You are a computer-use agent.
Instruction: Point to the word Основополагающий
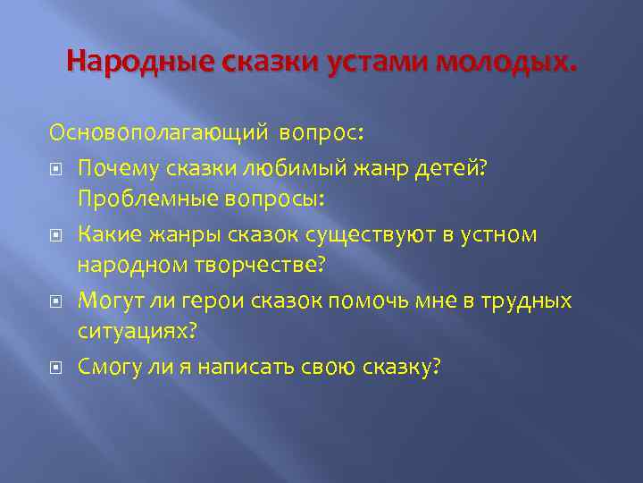click(x=159, y=133)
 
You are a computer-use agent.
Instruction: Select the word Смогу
click(x=132, y=368)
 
